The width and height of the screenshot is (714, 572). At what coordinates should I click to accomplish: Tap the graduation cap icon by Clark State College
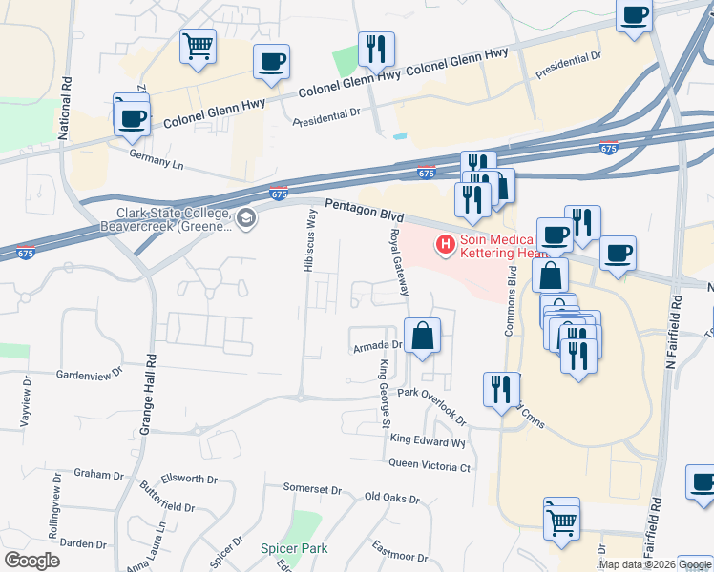pyautogui.click(x=247, y=219)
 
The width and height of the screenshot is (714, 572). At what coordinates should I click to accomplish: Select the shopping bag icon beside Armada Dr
pyautogui.click(x=422, y=337)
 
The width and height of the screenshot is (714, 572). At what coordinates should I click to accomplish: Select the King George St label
pyautogui.click(x=386, y=394)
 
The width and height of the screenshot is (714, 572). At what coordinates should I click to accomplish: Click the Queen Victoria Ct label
pyautogui.click(x=430, y=466)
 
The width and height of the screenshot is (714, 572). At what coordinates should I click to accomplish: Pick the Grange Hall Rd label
pyautogui.click(x=148, y=395)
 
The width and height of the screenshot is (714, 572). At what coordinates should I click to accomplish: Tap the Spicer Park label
pyautogui.click(x=294, y=548)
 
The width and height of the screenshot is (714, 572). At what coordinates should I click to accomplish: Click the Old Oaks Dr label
pyautogui.click(x=392, y=497)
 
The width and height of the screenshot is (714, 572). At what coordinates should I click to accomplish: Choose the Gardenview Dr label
pyautogui.click(x=91, y=374)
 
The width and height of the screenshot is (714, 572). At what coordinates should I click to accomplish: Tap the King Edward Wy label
pyautogui.click(x=427, y=441)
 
